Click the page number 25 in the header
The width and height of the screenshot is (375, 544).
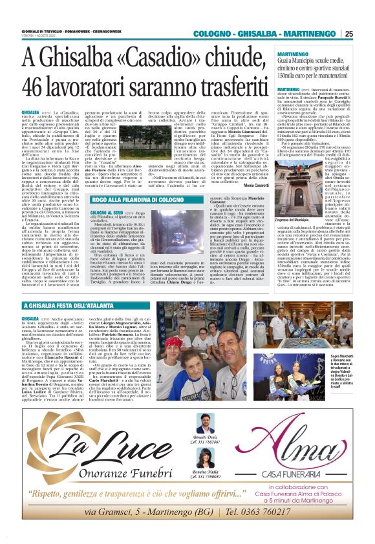[348, 34]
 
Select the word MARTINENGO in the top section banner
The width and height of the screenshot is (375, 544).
[308, 34]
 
